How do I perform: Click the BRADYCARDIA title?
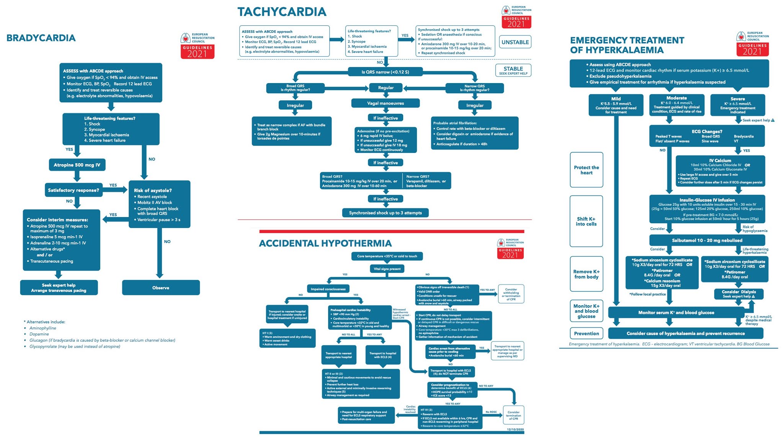(x=41, y=38)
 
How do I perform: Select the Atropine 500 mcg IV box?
(x=77, y=165)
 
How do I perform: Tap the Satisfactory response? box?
(x=73, y=190)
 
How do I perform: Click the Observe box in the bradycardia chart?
(x=161, y=288)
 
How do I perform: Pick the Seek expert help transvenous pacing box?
(x=59, y=288)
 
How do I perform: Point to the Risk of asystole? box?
(x=159, y=204)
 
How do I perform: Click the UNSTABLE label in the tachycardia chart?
(x=515, y=42)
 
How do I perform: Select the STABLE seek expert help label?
(x=513, y=70)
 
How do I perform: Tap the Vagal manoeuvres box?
(x=385, y=103)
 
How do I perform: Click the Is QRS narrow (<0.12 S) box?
(x=385, y=72)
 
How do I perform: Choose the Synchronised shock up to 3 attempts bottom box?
(x=385, y=213)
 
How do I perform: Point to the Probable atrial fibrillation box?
(x=474, y=133)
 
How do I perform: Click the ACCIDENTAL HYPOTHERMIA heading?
(x=325, y=244)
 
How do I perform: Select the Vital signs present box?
(x=387, y=269)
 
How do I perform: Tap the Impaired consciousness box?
(x=328, y=289)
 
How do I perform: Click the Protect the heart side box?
(x=586, y=170)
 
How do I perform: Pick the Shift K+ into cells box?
(x=586, y=221)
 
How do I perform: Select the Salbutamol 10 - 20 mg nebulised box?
(x=707, y=241)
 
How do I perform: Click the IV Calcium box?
(x=720, y=171)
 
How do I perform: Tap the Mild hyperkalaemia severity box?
(x=616, y=105)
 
